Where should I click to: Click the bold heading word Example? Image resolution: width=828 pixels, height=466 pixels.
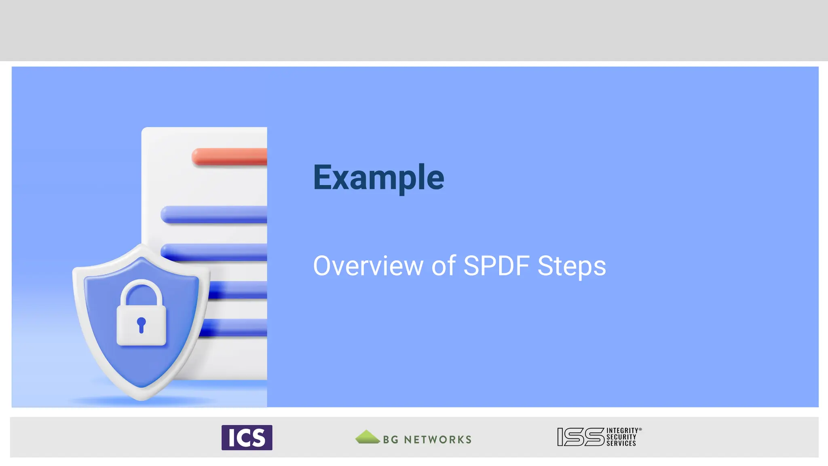(378, 178)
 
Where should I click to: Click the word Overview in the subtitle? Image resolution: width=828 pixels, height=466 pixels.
(368, 266)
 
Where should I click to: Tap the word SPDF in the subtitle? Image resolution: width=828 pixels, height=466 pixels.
(496, 266)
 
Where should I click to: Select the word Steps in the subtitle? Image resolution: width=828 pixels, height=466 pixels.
(572, 266)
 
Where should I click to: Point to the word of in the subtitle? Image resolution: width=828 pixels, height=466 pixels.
(444, 266)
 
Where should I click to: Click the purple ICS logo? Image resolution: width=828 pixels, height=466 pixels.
(247, 437)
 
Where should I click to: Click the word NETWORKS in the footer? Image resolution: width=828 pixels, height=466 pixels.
(437, 440)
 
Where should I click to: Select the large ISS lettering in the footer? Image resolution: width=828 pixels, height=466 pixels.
(581, 437)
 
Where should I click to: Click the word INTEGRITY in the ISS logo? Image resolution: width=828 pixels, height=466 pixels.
(622, 431)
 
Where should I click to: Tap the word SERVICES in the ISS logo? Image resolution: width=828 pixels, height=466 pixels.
(621, 444)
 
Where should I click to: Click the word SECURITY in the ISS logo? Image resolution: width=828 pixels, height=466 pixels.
(621, 437)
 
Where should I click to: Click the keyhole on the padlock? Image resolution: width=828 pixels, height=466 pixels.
(141, 324)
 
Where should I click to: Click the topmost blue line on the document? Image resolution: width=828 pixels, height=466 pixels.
(214, 214)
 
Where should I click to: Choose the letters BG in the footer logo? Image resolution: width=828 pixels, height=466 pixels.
(391, 440)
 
